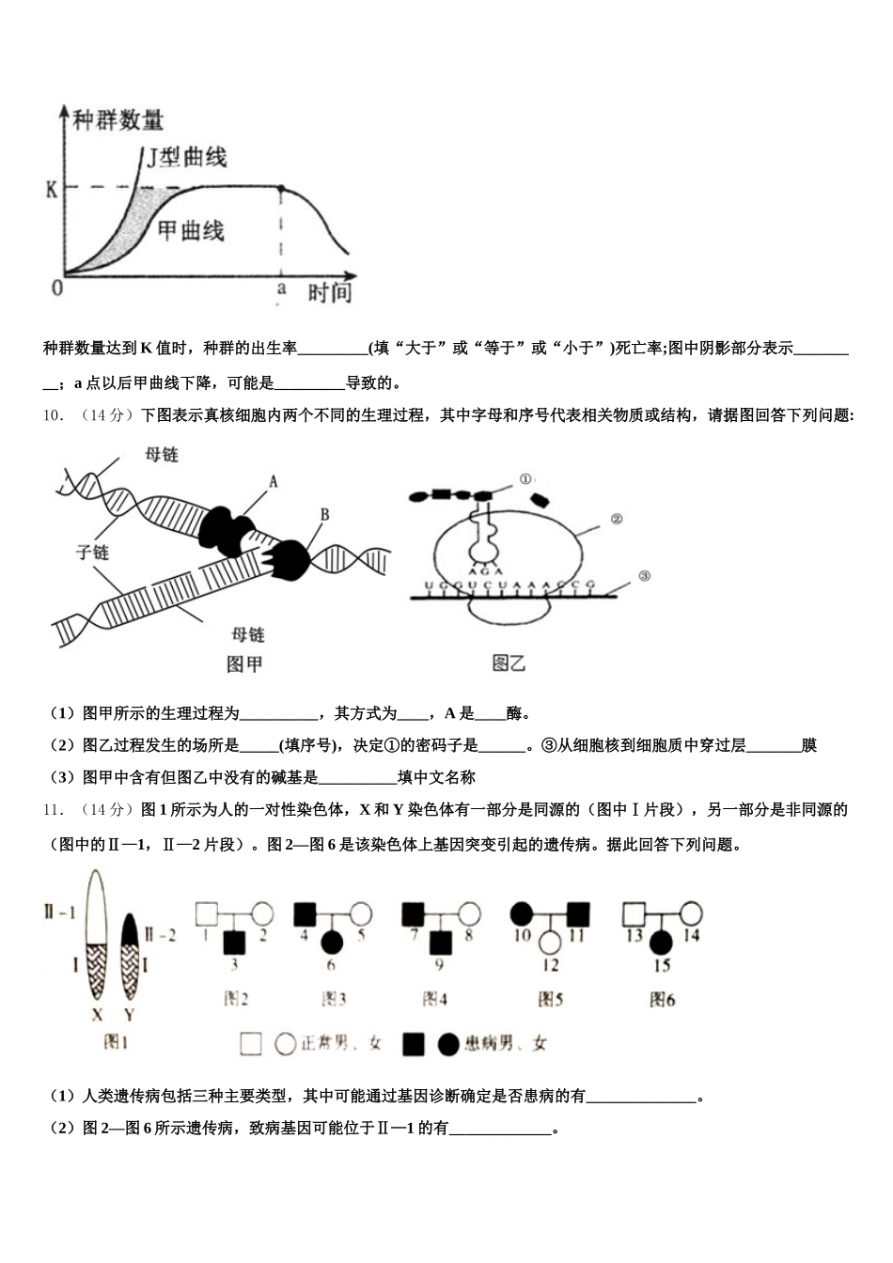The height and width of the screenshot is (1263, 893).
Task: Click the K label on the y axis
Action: coord(52,189)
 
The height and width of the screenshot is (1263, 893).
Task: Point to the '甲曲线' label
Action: coord(190,229)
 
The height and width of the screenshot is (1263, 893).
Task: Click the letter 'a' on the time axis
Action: coord(280,289)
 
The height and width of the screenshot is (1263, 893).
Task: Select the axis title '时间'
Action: coord(329,292)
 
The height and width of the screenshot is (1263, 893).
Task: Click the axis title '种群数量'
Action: coord(117,120)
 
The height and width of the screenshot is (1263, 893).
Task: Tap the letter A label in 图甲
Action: coord(274,481)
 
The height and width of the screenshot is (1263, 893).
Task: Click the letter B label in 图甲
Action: coord(325,514)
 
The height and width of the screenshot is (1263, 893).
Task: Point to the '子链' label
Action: coord(92,552)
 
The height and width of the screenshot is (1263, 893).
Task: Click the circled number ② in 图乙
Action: coord(617,518)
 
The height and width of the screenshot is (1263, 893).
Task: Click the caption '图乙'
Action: coord(509,663)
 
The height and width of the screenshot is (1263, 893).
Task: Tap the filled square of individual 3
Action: coord(234,940)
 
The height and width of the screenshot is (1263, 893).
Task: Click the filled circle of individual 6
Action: coord(332,940)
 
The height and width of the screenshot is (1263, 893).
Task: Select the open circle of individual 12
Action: coord(550,940)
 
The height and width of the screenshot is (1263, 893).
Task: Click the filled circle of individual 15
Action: coord(662,940)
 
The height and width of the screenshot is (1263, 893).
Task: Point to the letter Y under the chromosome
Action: coord(129,1015)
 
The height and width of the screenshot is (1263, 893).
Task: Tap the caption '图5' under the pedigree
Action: coord(550,998)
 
